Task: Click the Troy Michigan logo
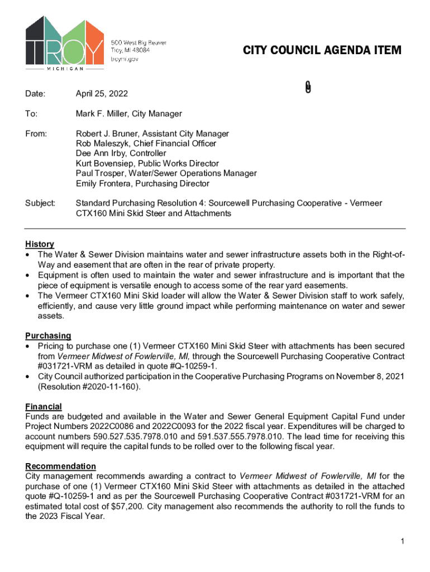pos(64,44)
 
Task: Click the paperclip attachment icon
pos(308,87)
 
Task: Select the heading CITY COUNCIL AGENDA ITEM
pos(322,51)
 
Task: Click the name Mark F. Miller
pos(102,114)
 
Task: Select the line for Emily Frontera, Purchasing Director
pos(142,184)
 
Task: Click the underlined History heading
pos(40,244)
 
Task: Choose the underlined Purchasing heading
pos(48,336)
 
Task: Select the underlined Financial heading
pos(44,406)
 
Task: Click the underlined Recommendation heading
pos(61,466)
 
